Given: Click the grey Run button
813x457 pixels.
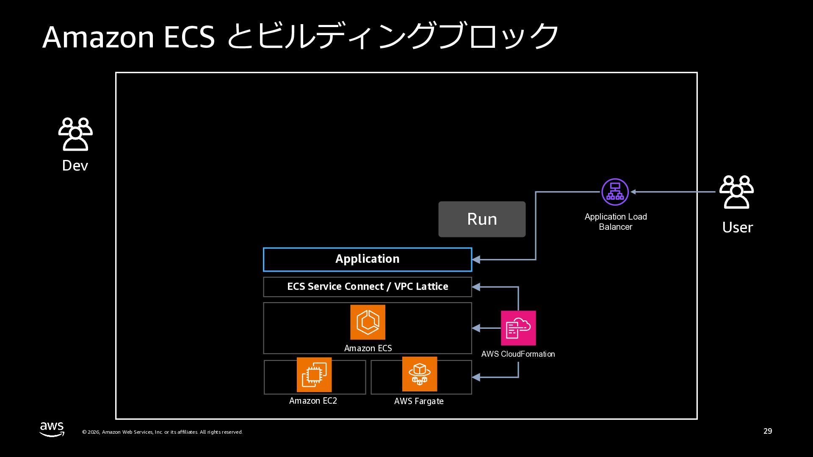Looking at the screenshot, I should tap(482, 219).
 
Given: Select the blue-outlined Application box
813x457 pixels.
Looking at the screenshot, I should tap(367, 259).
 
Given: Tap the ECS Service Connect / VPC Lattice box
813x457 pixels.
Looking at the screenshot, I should tap(367, 286).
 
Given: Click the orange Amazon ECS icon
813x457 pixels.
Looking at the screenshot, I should tap(368, 322).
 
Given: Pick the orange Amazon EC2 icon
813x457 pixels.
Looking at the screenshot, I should tap(314, 374).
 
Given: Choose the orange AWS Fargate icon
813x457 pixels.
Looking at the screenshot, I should tap(419, 374).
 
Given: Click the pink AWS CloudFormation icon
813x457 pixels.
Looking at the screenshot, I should tap(518, 328).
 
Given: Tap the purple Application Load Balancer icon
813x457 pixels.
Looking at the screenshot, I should tap(615, 192).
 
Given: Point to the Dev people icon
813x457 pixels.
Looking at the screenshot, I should tap(75, 134).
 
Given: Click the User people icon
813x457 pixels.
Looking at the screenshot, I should tap(736, 192).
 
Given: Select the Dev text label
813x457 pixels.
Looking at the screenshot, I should tap(75, 165).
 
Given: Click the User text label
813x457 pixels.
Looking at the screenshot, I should tap(737, 228).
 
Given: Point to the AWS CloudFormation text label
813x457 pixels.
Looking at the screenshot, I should tap(518, 354).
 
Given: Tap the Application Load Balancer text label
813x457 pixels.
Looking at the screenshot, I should tap(615, 222).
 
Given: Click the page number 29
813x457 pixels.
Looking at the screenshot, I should tap(767, 431).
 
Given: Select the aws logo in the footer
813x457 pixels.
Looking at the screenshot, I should tap(52, 429).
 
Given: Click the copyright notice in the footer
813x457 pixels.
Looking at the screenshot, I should tap(162, 432).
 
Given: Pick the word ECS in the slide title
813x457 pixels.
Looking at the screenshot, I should tap(189, 37).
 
